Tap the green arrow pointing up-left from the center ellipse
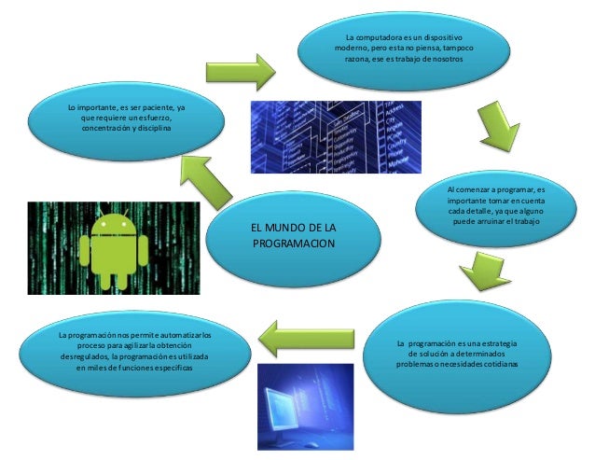pos(208,180)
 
